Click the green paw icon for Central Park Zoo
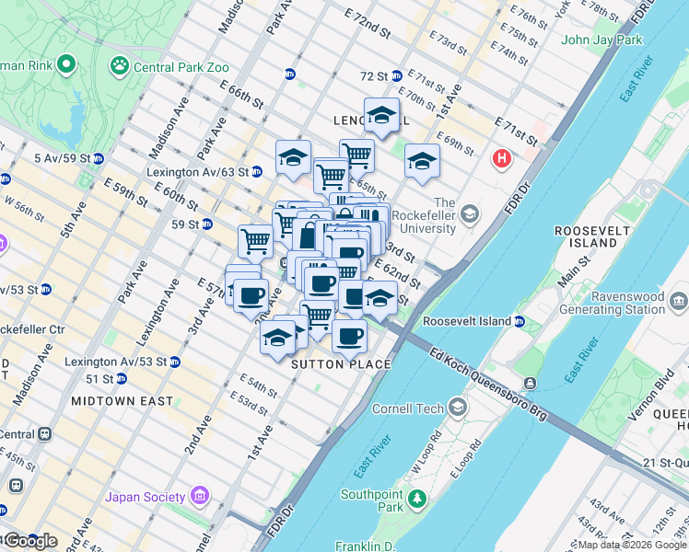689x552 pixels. [119, 65]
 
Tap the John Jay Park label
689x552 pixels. [601, 40]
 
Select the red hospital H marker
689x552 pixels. [502, 159]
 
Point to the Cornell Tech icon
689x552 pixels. [457, 408]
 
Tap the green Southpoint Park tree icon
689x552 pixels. [418, 499]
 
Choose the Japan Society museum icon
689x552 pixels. [199, 498]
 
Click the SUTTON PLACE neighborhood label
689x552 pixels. [342, 365]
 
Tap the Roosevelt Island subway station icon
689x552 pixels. [520, 321]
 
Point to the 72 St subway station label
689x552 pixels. [374, 75]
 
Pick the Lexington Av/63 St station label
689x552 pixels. [197, 172]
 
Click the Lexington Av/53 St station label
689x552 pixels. [115, 362]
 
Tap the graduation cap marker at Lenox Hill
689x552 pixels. [381, 116]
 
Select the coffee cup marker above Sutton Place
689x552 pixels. [349, 336]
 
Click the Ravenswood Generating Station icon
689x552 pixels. [679, 301]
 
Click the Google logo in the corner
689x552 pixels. [29, 541]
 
